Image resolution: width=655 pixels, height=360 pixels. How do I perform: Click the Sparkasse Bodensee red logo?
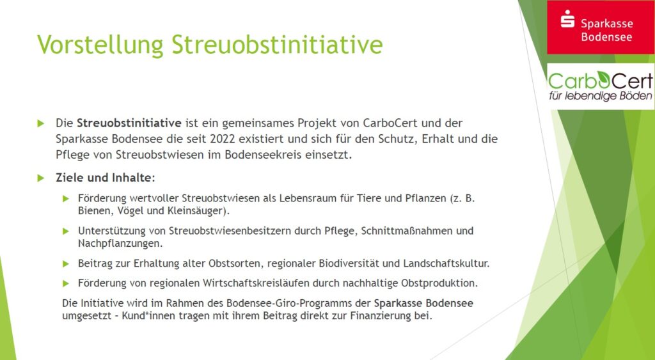pos(601,27)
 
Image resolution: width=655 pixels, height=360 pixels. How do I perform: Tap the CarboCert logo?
pos(601,86)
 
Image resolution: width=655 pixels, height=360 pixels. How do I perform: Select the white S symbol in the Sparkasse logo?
pos(568,19)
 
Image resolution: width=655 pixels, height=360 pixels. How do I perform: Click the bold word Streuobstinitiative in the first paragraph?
pos(129,123)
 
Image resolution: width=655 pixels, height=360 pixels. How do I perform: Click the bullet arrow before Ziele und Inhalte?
pos(40,178)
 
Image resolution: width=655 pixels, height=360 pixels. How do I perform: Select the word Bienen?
pos(94,211)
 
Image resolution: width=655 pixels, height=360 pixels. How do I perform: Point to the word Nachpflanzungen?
pos(120,244)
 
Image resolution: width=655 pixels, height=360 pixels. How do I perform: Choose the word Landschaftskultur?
pos(446,264)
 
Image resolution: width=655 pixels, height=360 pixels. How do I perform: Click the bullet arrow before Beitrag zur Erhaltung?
pos(66,264)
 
